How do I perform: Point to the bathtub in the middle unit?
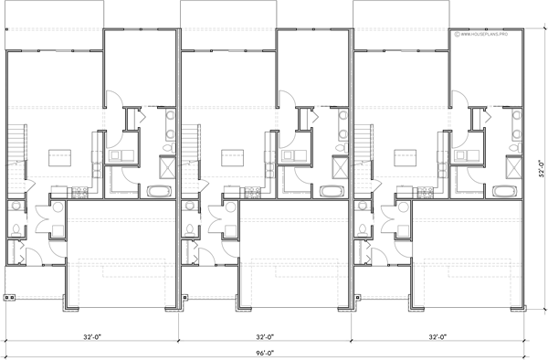click(330, 191)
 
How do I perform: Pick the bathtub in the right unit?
click(502, 191)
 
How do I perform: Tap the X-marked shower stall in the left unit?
click(169, 168)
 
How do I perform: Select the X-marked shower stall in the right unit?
click(514, 168)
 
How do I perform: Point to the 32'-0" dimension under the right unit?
click(440, 336)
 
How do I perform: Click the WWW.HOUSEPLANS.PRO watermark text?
click(488, 37)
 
